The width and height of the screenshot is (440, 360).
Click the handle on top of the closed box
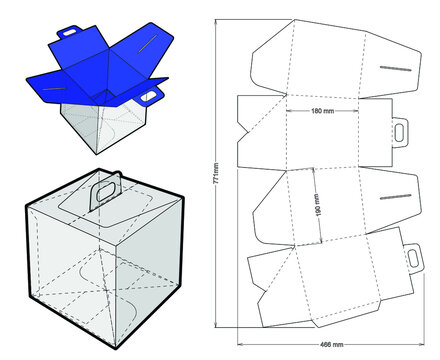[104, 194]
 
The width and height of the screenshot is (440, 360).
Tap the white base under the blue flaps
[100, 125]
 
